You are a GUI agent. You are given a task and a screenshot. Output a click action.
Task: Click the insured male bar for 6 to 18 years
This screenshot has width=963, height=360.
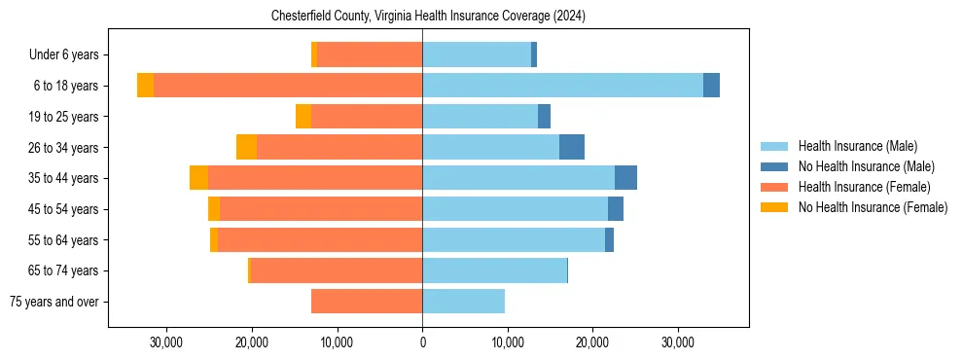click(562, 86)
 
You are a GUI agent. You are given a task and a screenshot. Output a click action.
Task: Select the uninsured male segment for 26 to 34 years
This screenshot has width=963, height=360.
click(572, 147)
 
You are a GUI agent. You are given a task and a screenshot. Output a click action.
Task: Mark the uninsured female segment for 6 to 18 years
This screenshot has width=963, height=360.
click(145, 86)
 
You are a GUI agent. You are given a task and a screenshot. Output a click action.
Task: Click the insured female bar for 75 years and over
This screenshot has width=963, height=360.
click(367, 302)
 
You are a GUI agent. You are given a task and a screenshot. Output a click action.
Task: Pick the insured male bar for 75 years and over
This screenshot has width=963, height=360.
click(463, 302)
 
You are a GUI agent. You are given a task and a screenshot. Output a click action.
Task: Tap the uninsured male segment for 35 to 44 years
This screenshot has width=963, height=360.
click(625, 178)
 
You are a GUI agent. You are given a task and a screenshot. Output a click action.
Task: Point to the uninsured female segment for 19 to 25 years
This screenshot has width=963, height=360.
click(303, 117)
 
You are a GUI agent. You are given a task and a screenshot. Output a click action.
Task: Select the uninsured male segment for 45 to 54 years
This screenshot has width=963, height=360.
click(616, 208)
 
